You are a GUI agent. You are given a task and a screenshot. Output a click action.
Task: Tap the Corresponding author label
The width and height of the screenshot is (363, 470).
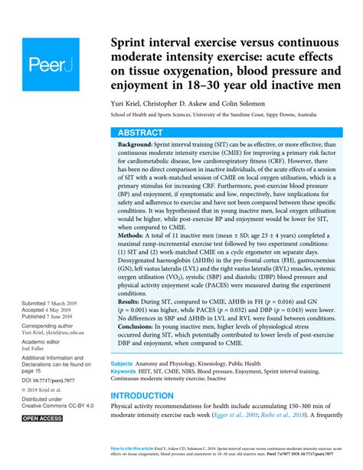tap(52, 325)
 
